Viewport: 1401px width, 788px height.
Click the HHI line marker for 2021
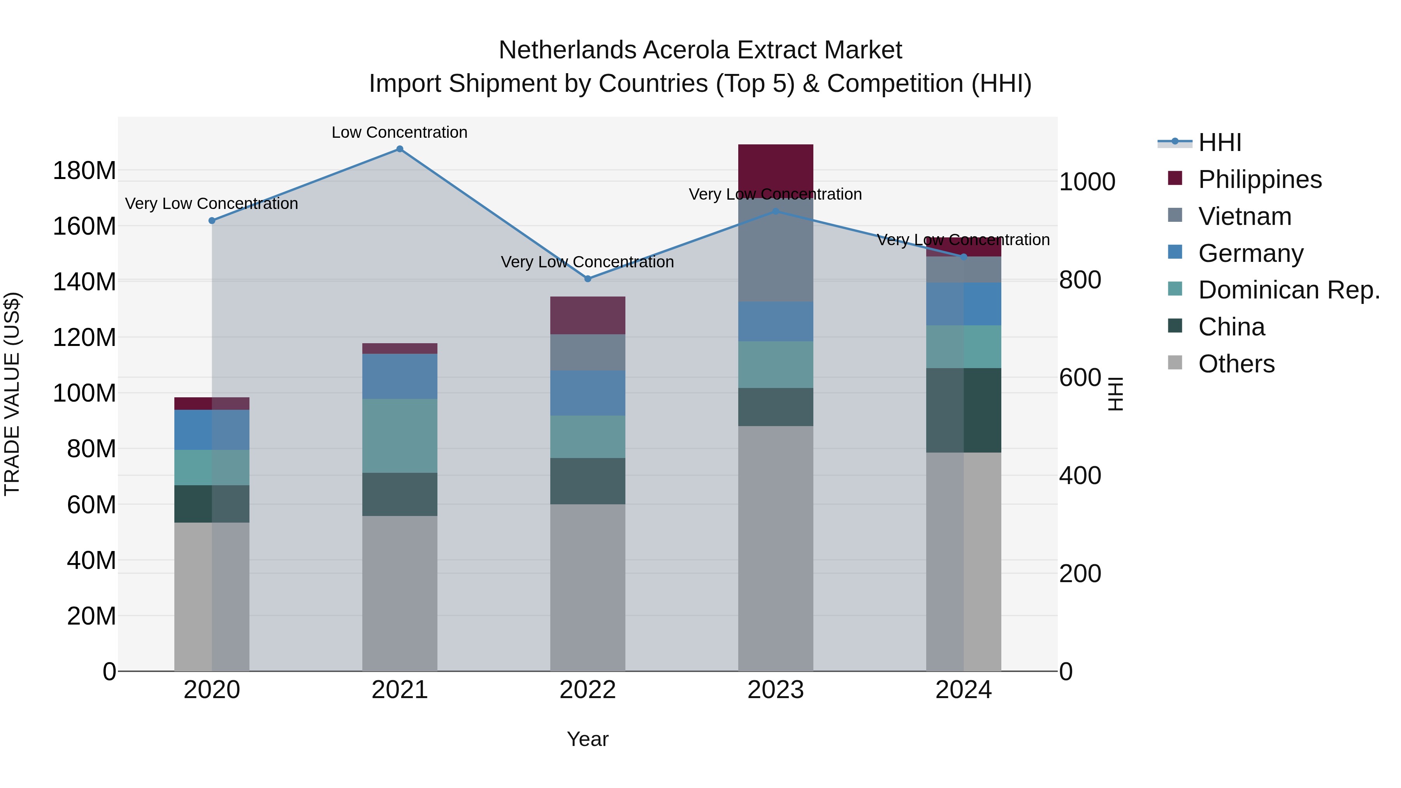pyautogui.click(x=400, y=149)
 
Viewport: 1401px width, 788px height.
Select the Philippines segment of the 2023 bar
pyautogui.click(x=776, y=171)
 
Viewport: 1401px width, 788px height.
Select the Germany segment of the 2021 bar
pyautogui.click(x=400, y=376)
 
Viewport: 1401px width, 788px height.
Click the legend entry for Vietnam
pyautogui.click(x=1245, y=216)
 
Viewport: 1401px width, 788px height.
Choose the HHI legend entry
pyautogui.click(x=1219, y=142)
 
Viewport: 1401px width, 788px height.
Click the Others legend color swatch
pyautogui.click(x=1175, y=363)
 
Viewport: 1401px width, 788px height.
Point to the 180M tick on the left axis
pyautogui.click(x=84, y=171)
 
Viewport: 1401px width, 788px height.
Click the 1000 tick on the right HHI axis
pyautogui.click(x=1087, y=182)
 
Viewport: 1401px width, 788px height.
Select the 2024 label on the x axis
pyautogui.click(x=963, y=690)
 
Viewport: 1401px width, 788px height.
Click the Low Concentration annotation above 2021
pyautogui.click(x=400, y=132)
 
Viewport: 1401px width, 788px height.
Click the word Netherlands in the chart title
pyautogui.click(x=567, y=50)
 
